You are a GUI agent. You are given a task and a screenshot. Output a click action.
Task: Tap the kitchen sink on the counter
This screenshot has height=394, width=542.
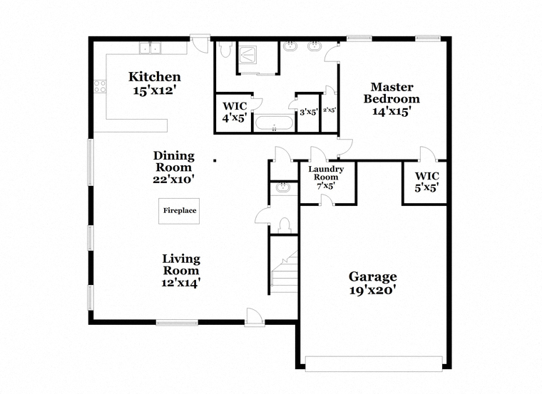[150, 48]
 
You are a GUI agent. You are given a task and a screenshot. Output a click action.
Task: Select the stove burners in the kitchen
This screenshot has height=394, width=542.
[100, 86]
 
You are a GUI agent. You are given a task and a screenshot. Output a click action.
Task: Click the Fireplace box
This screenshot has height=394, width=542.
[179, 211]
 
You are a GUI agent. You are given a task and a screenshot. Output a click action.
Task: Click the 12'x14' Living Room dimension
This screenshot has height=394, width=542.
[180, 283]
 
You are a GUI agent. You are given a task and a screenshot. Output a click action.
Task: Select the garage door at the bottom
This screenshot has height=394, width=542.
[374, 364]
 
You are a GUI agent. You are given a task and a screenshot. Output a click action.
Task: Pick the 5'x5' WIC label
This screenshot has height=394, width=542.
[427, 182]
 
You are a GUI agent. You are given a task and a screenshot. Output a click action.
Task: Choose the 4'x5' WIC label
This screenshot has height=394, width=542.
[235, 112]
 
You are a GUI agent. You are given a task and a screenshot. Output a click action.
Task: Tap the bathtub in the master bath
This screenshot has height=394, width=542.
[274, 123]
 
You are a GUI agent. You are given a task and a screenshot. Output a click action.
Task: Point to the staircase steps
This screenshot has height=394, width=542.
[285, 273]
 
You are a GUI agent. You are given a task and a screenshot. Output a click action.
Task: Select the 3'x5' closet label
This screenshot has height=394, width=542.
[309, 113]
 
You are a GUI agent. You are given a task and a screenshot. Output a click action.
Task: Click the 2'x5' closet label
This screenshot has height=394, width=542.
[329, 110]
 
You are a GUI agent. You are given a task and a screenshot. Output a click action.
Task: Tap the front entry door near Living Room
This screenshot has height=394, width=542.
[255, 318]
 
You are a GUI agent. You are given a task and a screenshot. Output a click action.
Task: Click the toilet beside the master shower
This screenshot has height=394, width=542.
[226, 50]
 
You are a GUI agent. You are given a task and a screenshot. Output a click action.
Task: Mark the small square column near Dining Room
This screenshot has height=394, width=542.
[215, 160]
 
